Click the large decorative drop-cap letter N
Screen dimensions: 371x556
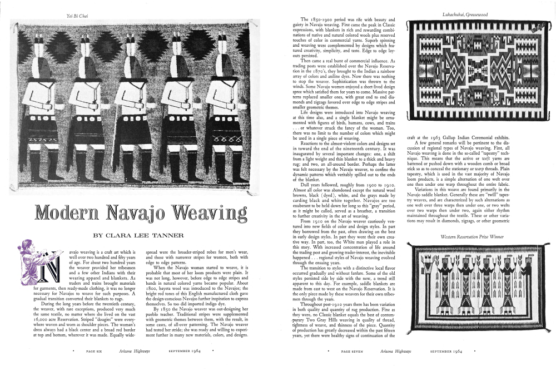[50, 270]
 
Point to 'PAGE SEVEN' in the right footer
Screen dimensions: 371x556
[353, 352]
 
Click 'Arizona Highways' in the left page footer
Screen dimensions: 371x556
[133, 352]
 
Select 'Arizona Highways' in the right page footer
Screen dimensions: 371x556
[391, 352]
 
